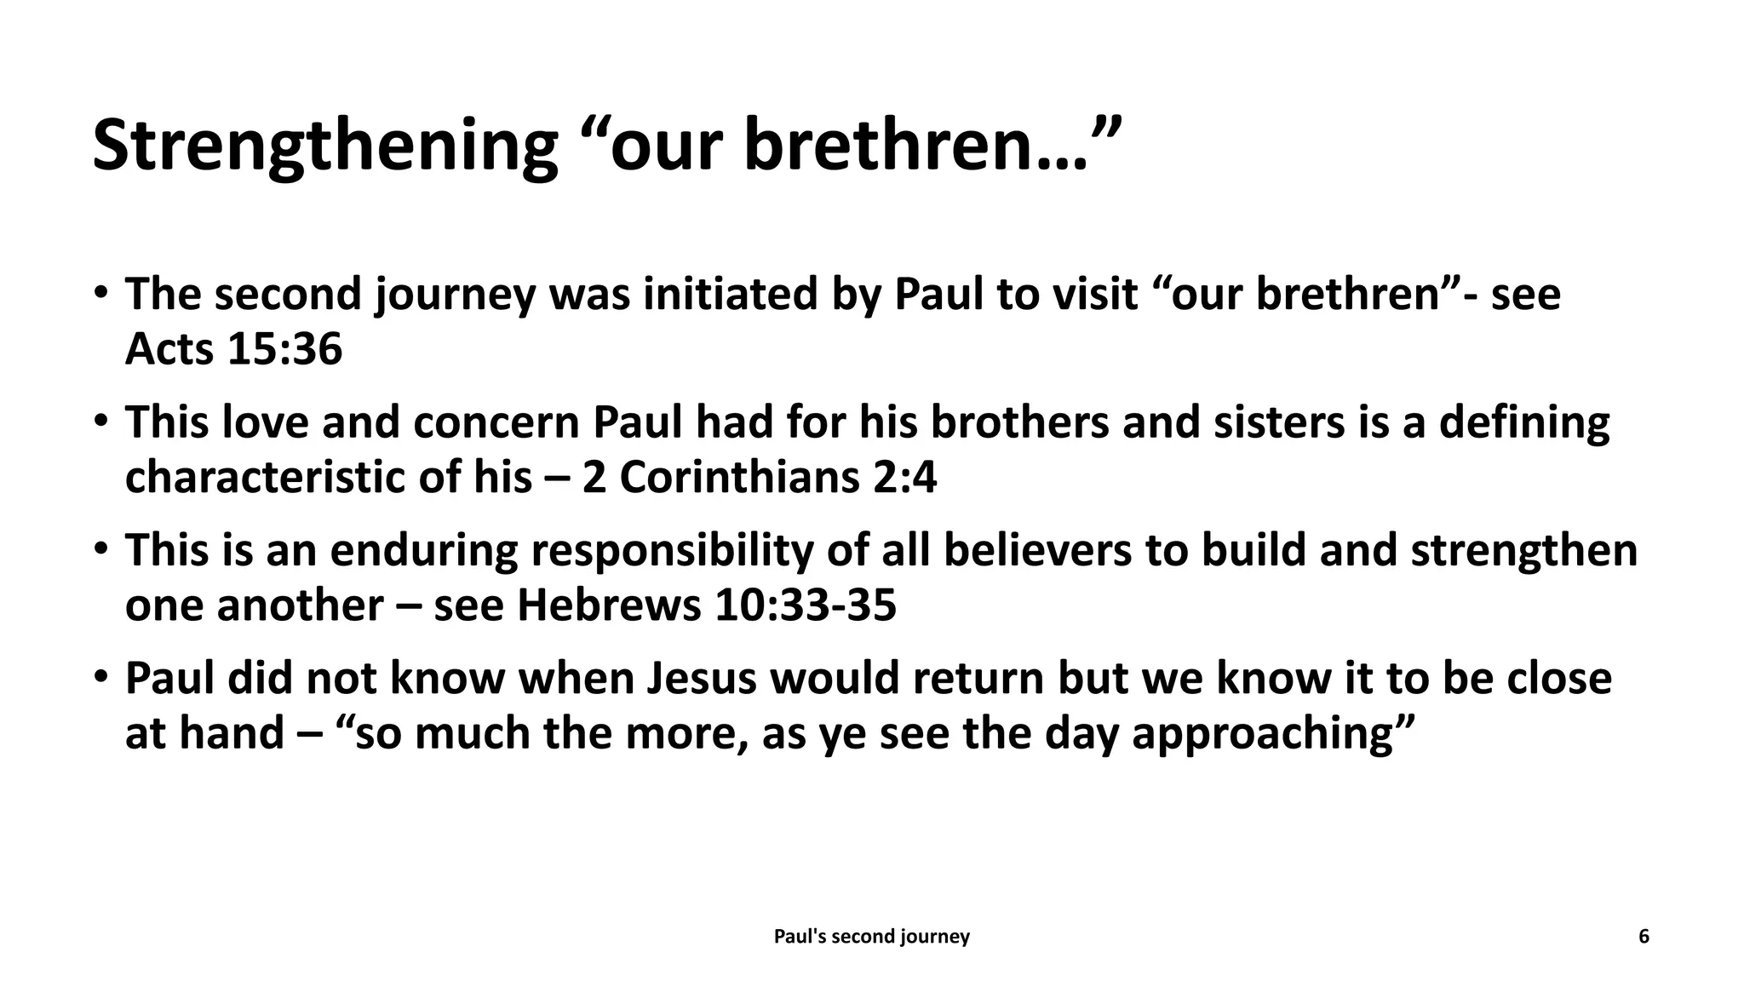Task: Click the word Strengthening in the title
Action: point(324,146)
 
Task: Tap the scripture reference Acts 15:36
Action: point(233,349)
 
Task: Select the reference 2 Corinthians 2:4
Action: point(760,478)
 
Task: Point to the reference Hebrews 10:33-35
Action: point(707,605)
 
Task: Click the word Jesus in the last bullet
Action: point(702,679)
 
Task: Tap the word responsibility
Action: point(673,551)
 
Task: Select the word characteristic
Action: point(265,478)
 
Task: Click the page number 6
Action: point(1644,937)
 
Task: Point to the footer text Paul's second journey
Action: point(871,937)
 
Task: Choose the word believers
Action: point(1037,551)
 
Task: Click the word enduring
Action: point(423,551)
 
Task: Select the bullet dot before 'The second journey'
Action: point(101,293)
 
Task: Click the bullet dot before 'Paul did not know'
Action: point(101,678)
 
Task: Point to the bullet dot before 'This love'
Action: point(101,422)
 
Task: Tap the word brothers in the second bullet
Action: point(1019,423)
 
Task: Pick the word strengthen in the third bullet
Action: point(1524,551)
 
